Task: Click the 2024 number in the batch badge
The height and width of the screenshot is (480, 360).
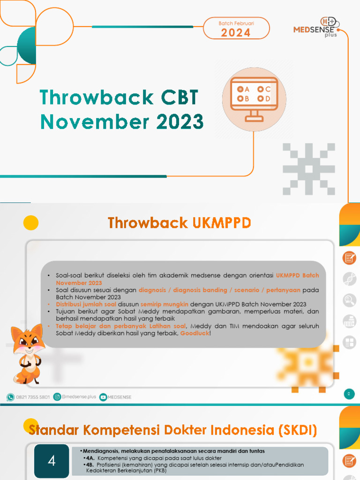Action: [x=236, y=33]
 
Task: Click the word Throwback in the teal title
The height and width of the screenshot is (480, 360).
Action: [x=96, y=98]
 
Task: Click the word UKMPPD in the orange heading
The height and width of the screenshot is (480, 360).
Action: [x=221, y=224]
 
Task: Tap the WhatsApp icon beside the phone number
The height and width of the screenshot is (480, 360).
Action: [x=10, y=397]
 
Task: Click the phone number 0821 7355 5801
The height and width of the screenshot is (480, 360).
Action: [x=33, y=397]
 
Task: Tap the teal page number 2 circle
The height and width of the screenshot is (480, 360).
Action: [x=348, y=394]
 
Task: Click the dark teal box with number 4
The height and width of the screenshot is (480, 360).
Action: [x=52, y=461]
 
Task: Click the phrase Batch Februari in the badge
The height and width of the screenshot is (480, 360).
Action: [x=236, y=23]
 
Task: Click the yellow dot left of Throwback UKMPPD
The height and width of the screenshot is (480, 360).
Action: [x=31, y=222]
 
